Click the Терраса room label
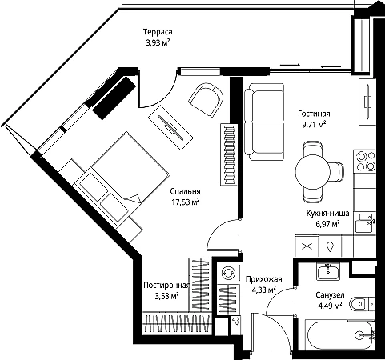[x=158, y=32]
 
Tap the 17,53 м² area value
[x=186, y=202]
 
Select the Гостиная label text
[x=314, y=114]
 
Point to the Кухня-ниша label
[x=327, y=214]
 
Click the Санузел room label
[x=330, y=295]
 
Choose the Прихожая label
[x=263, y=279]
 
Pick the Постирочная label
[x=166, y=286]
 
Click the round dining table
[x=313, y=173]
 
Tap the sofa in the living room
[x=264, y=122]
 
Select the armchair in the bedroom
[x=206, y=99]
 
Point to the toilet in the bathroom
[x=362, y=303]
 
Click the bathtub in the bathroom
[x=340, y=334]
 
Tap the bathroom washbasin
[x=328, y=271]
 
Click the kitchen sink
[x=365, y=223]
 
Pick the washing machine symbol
[x=227, y=273]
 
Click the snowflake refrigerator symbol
[x=307, y=246]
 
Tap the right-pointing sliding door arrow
[x=290, y=65]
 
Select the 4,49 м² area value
[x=330, y=306]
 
